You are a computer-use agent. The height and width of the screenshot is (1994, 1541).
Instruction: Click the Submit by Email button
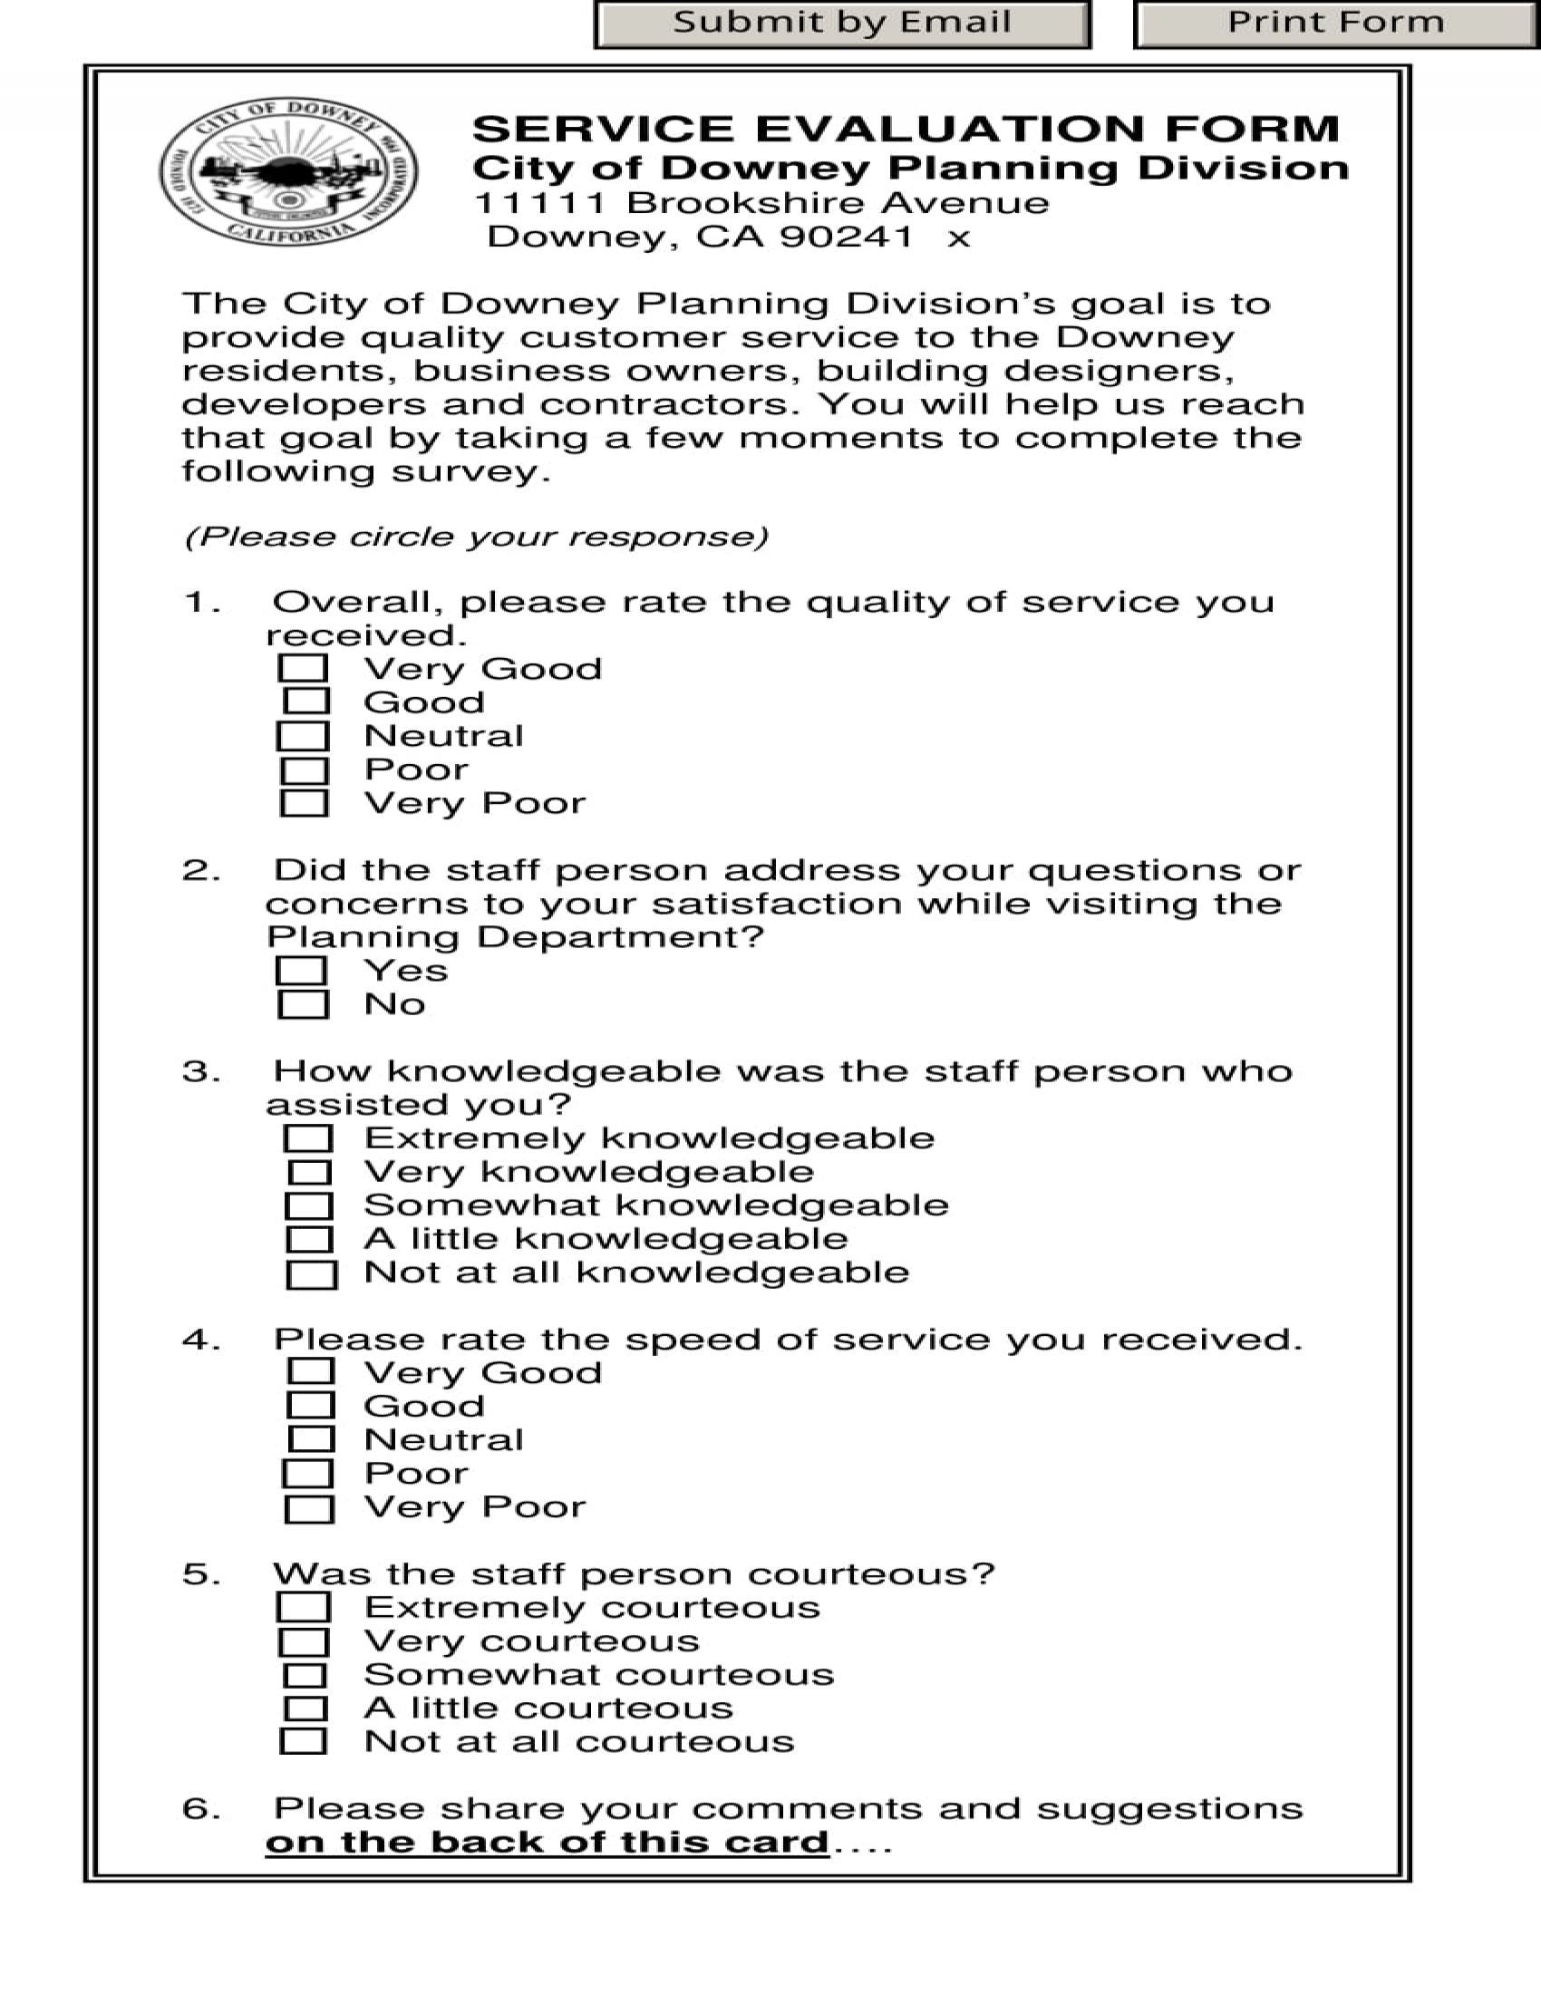(x=842, y=23)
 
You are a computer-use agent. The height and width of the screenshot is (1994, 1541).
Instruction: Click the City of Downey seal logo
(x=288, y=172)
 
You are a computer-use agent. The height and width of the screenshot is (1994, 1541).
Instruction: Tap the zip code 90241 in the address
(x=847, y=237)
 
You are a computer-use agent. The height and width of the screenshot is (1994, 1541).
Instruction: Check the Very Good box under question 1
(x=303, y=668)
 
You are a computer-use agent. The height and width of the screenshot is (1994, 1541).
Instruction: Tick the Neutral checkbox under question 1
(x=303, y=736)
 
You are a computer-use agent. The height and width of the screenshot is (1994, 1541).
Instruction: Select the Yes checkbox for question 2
(x=301, y=971)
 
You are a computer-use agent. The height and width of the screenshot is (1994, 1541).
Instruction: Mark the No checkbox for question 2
(x=303, y=1004)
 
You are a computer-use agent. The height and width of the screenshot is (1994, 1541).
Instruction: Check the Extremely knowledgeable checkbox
(x=308, y=1138)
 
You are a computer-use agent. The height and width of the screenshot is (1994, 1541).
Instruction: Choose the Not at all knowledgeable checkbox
(x=311, y=1274)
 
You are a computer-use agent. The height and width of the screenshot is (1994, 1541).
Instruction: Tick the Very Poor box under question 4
(x=309, y=1509)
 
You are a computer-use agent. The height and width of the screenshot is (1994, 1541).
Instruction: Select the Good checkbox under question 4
(x=310, y=1406)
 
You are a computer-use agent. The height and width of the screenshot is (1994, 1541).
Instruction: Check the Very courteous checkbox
(x=304, y=1642)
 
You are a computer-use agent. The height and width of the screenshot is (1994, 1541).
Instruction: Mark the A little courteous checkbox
(x=305, y=1709)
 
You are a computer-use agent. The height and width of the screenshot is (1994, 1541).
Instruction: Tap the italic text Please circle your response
(x=476, y=537)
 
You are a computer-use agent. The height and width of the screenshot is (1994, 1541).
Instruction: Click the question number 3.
(x=201, y=1071)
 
